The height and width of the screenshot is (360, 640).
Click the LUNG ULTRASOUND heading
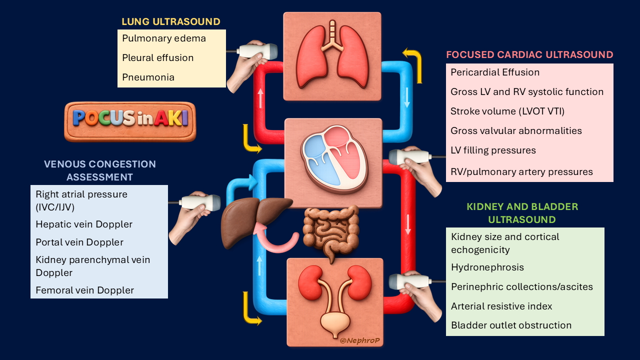(170, 21)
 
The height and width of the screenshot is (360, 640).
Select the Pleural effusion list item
(157, 57)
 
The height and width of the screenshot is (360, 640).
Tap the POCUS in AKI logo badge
(130, 121)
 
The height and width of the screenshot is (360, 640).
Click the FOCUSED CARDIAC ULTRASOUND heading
(529, 54)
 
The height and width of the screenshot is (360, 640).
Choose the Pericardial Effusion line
(495, 72)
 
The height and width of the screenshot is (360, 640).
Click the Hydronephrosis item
(487, 267)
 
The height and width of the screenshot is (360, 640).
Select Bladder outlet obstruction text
(511, 325)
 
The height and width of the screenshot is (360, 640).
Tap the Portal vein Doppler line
(79, 242)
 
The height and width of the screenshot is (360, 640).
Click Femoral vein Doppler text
(84, 290)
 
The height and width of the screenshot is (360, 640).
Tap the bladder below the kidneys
(335, 322)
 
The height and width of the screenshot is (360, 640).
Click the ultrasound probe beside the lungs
(257, 51)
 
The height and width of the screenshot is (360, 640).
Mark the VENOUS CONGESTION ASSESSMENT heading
(99, 170)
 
